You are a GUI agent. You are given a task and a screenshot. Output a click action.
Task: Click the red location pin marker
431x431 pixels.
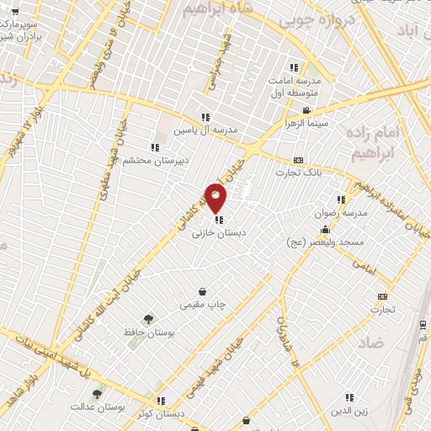tap(216, 199)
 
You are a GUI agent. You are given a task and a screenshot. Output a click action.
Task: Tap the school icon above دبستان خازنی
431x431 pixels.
tap(219, 221)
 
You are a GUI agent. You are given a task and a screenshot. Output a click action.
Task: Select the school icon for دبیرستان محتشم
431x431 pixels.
tap(154, 148)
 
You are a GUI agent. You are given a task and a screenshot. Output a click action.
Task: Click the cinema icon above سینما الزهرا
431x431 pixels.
tap(307, 110)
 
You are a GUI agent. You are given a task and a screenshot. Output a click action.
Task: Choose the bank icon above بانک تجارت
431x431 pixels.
tap(298, 160)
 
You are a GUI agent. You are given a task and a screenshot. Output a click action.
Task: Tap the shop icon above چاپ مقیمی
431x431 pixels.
tap(202, 291)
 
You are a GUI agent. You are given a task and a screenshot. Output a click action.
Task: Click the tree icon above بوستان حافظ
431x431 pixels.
tap(148, 319)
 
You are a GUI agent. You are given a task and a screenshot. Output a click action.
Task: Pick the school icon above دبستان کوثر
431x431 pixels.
tap(161, 401)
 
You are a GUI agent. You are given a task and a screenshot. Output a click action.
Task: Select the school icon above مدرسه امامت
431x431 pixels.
tap(294, 67)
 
